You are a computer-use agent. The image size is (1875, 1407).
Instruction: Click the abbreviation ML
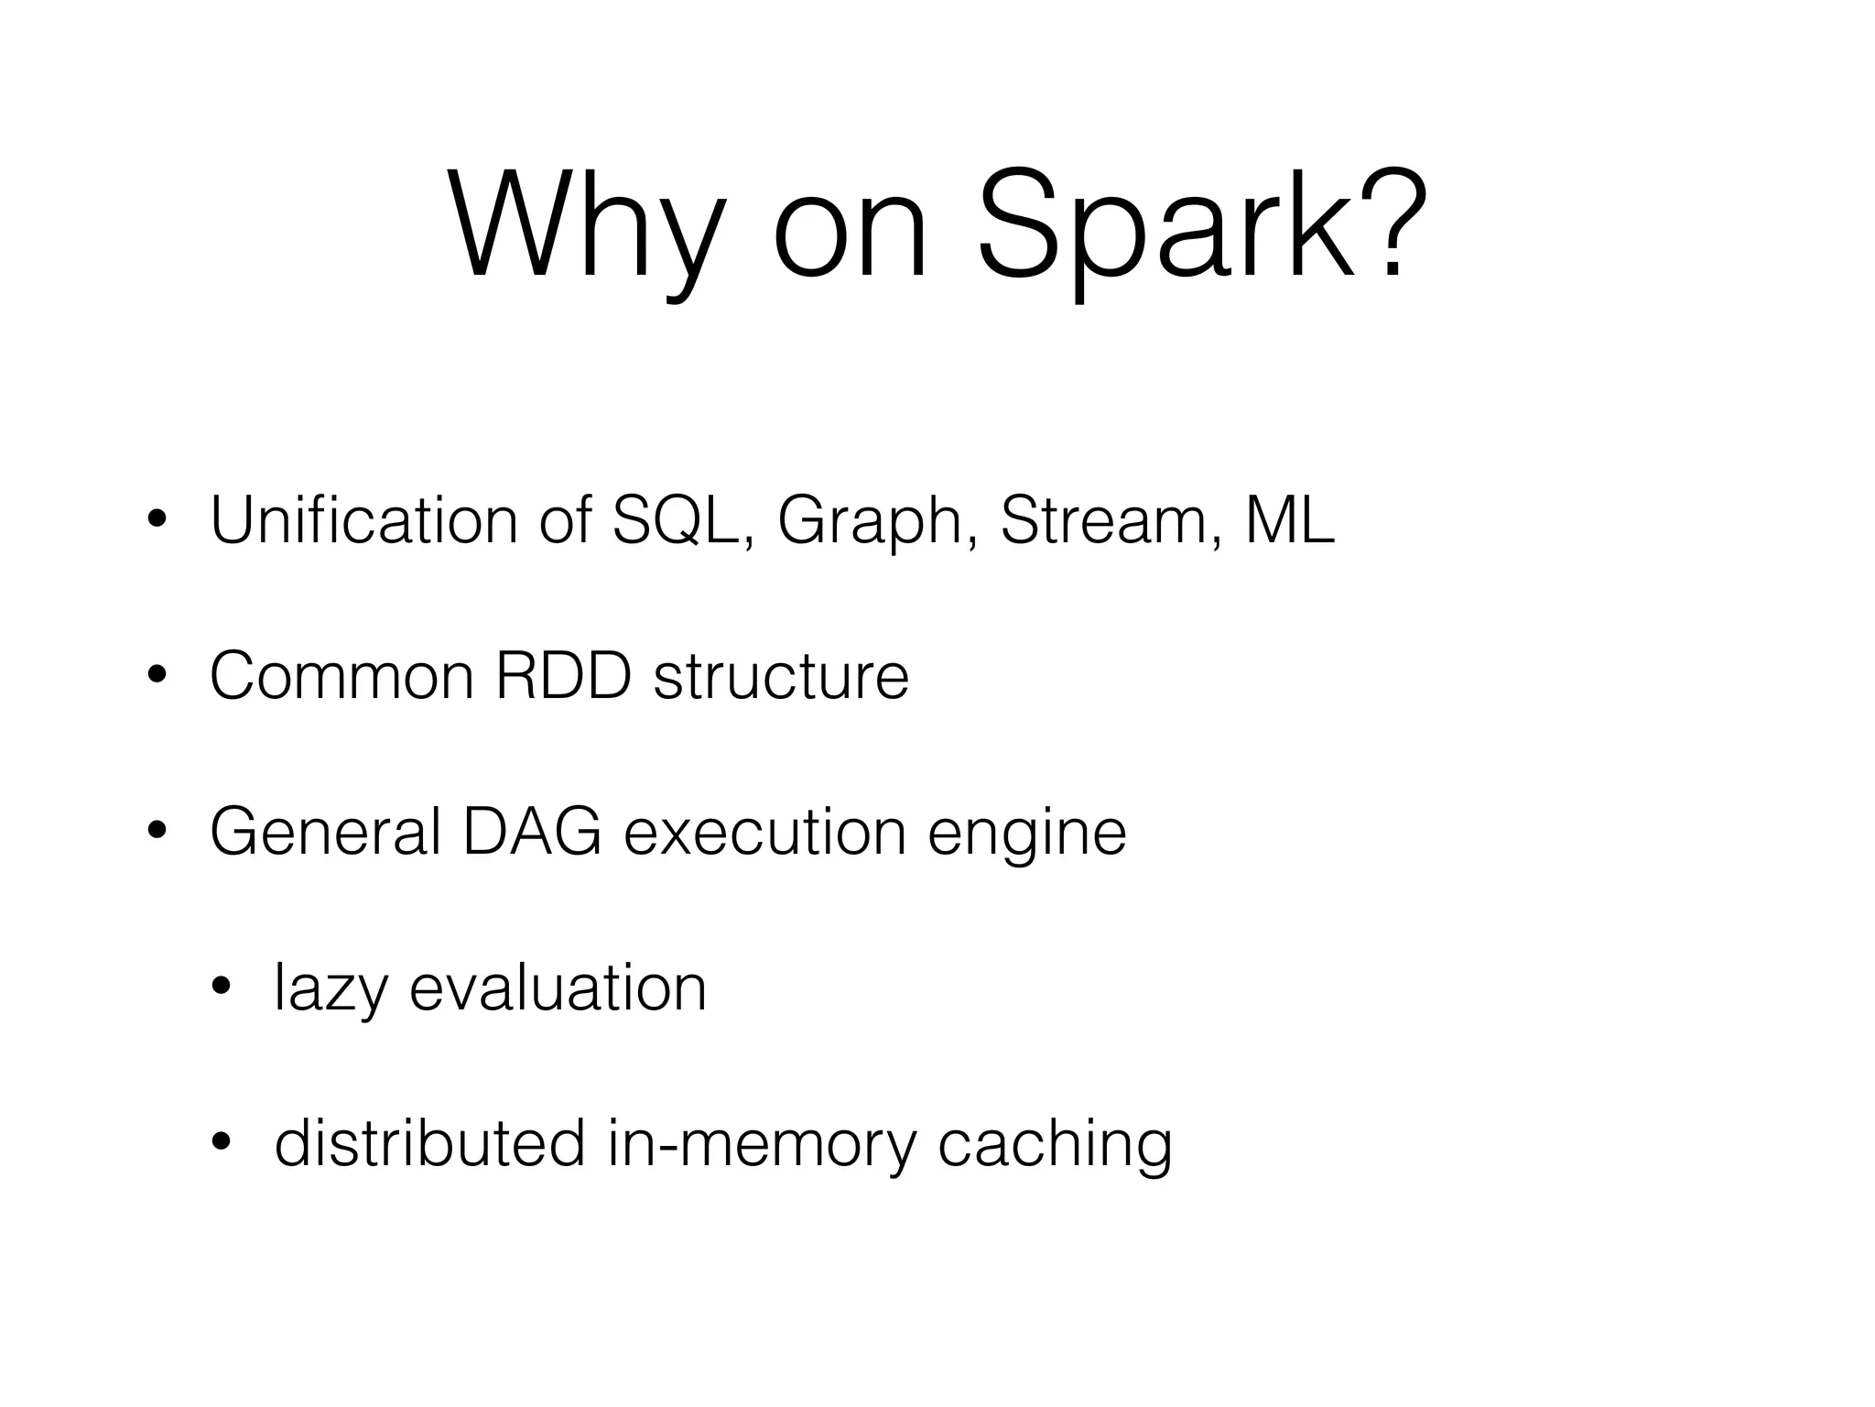tap(1289, 520)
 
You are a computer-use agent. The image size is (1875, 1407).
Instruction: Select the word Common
tap(341, 676)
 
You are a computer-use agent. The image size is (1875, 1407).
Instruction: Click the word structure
tap(781, 676)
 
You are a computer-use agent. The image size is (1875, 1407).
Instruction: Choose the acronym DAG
tap(532, 832)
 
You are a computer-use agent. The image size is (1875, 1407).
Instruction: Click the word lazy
tap(331, 989)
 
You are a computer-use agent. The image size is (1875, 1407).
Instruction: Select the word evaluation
tap(558, 987)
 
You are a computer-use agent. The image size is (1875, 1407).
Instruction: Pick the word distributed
tap(429, 1143)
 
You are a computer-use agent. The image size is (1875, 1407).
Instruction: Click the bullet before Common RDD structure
tap(157, 677)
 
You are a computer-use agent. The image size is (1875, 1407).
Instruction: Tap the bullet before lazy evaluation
tap(221, 987)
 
